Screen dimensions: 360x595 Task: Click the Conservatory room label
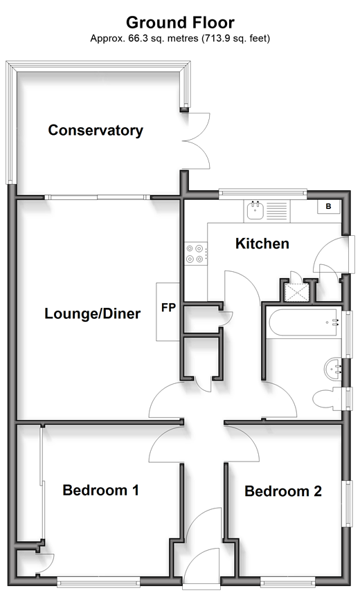point(96,130)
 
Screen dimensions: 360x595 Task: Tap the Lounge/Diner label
point(93,313)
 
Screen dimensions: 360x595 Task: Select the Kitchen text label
point(262,244)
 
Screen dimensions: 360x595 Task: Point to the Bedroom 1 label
point(100,490)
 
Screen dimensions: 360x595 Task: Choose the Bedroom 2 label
point(283,491)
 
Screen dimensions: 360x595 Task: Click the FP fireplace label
point(168,307)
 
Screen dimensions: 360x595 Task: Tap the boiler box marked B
point(329,207)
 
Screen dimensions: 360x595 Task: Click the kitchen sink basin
point(255,210)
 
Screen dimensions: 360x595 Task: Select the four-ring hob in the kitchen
point(196,253)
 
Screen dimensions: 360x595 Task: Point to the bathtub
point(303,322)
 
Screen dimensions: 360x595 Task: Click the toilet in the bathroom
point(327,399)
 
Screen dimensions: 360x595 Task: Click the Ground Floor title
point(180,23)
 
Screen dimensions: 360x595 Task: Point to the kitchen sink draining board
point(277,211)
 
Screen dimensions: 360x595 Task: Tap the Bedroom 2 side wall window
point(347,503)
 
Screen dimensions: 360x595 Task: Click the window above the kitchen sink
point(263,194)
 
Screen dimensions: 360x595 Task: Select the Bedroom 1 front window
point(98,581)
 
